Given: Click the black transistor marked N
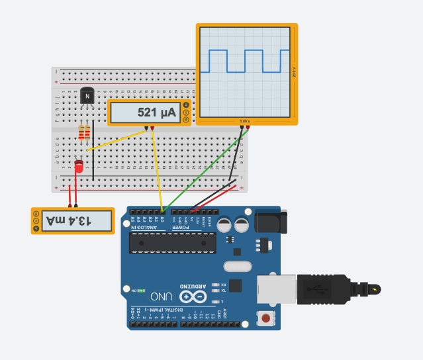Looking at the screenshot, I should (x=87, y=97).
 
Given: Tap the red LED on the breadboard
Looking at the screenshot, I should (x=79, y=167).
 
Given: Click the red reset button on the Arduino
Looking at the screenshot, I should (x=265, y=318).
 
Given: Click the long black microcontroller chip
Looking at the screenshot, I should (x=169, y=243).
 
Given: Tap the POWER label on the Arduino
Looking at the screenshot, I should (x=183, y=228).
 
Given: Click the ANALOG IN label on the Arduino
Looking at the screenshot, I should (x=146, y=228).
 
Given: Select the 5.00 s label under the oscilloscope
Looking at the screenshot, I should (x=244, y=121).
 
